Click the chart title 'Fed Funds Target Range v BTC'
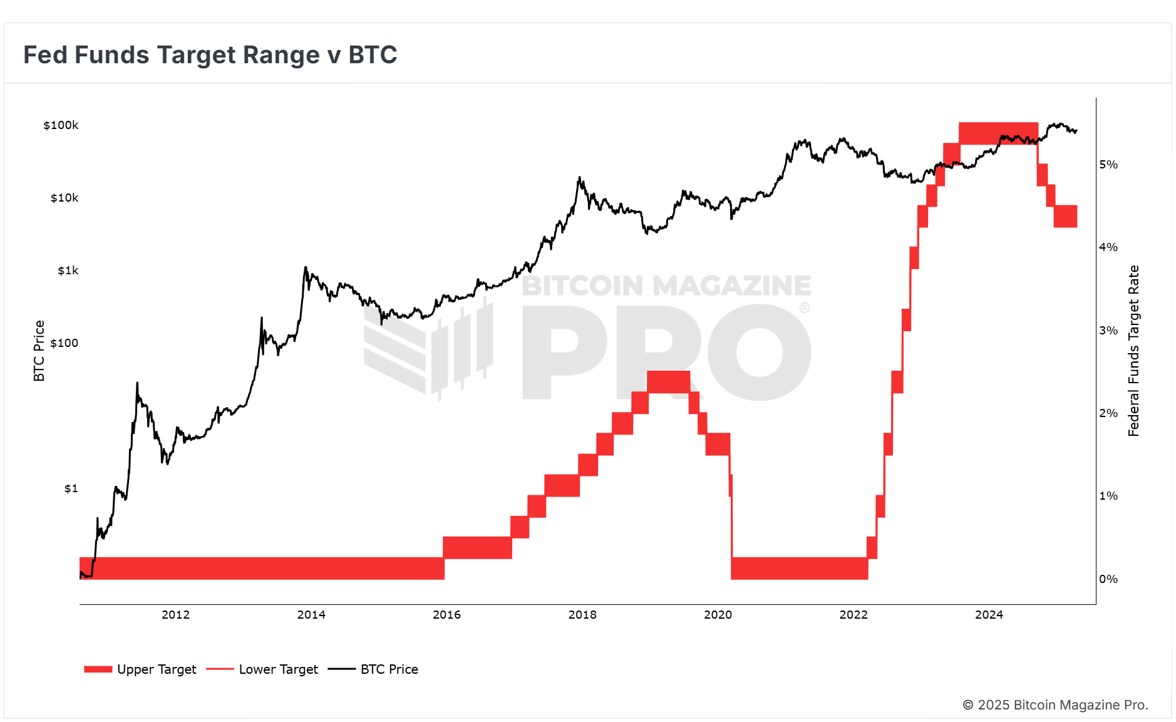[x=210, y=55]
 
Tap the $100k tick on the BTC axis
[x=61, y=125]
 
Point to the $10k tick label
[x=64, y=198]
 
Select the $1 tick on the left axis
[x=71, y=488]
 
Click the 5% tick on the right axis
[x=1108, y=165]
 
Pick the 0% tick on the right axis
[x=1108, y=579]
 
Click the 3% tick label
[x=1108, y=331]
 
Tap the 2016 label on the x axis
[x=446, y=615]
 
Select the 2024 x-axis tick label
[x=989, y=615]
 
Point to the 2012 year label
[x=175, y=615]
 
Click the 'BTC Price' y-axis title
[x=39, y=351]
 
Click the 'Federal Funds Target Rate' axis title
[x=1133, y=351]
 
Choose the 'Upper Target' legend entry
[x=140, y=669]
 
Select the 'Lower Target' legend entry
[x=262, y=669]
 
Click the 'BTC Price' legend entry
[x=373, y=669]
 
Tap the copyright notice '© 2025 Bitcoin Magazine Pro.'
[x=1055, y=705]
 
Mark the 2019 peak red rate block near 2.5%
[x=668, y=382]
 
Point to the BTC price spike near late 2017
[x=579, y=180]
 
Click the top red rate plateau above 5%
[x=998, y=133]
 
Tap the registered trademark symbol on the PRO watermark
[x=805, y=308]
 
